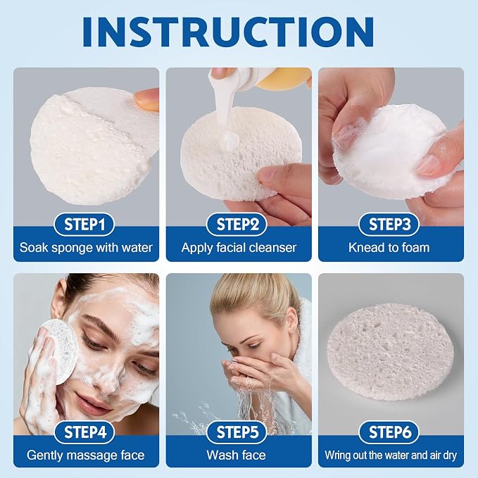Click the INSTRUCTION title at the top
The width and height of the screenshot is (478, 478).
pyautogui.click(x=228, y=32)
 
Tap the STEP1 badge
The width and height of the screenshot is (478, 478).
pyautogui.click(x=84, y=225)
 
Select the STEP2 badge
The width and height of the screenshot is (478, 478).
pyautogui.click(x=237, y=225)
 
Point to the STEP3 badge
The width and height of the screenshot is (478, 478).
pyautogui.click(x=389, y=225)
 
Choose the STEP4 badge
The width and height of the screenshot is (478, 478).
pyautogui.click(x=84, y=432)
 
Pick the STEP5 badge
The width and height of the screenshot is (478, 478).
pyautogui.click(x=237, y=432)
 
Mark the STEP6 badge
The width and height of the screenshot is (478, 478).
pyautogui.click(x=389, y=432)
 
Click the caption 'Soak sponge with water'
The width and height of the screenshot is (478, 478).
pyautogui.click(x=86, y=248)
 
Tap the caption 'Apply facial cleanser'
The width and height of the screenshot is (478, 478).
pyautogui.click(x=239, y=248)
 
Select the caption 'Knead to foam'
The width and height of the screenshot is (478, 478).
pyautogui.click(x=389, y=248)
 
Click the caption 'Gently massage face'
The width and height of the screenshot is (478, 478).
pyautogui.click(x=85, y=455)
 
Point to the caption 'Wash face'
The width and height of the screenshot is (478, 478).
pyautogui.click(x=237, y=455)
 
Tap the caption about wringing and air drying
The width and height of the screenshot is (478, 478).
pyautogui.click(x=391, y=455)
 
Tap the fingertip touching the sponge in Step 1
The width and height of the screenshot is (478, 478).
pyautogui.click(x=147, y=100)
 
